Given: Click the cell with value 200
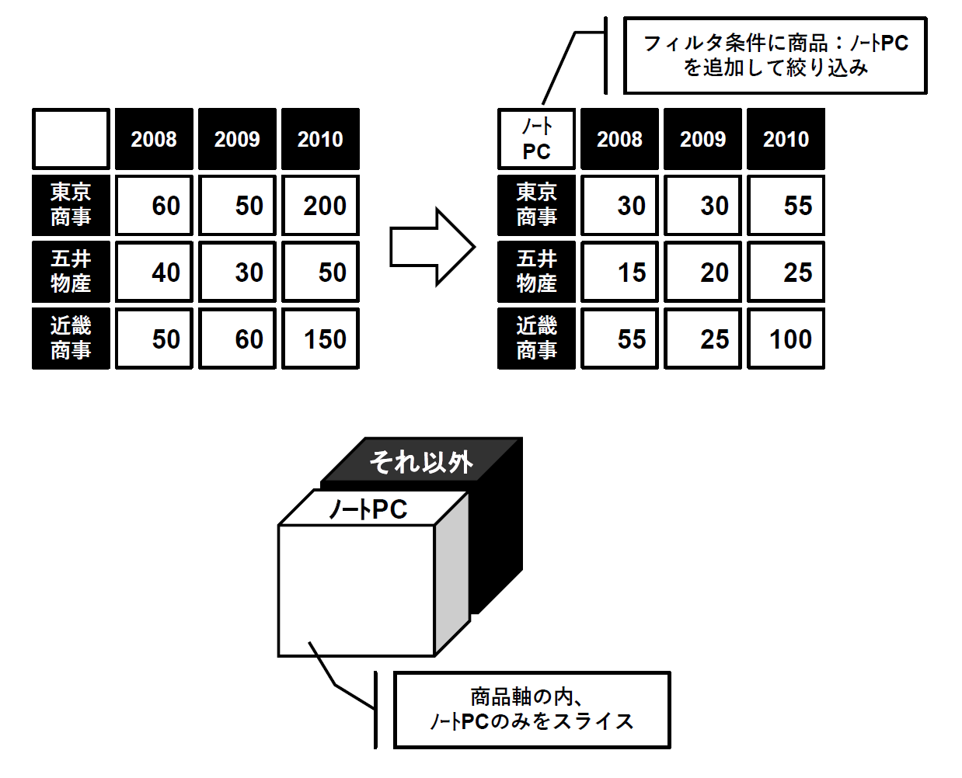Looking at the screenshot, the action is click(x=320, y=205).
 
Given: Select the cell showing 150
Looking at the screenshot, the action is click(x=320, y=339).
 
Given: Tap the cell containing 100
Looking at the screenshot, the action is click(x=786, y=339).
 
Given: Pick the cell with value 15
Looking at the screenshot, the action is click(x=619, y=272).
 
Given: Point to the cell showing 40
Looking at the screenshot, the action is click(x=154, y=272).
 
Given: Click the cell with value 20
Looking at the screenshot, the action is click(x=702, y=272).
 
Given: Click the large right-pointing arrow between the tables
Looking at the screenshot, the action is click(x=432, y=247).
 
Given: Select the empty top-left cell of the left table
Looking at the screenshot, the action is click(x=71, y=138).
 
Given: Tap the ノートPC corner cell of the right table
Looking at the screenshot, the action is click(x=536, y=138).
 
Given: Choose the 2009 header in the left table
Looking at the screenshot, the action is click(x=237, y=138).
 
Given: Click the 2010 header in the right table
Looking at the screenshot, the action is click(x=786, y=138).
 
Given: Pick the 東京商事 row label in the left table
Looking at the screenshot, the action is click(x=71, y=205).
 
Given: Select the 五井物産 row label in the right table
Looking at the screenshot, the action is click(x=536, y=272).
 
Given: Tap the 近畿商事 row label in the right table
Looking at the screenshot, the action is click(x=536, y=339).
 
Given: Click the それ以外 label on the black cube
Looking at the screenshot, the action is click(x=421, y=463).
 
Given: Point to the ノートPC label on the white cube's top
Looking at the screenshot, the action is click(x=368, y=509).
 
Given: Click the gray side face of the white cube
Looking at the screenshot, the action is click(x=451, y=573).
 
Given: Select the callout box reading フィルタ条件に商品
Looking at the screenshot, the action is click(x=776, y=55).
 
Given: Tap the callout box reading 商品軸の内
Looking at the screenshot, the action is click(x=532, y=710).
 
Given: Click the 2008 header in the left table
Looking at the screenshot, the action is click(x=154, y=138).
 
